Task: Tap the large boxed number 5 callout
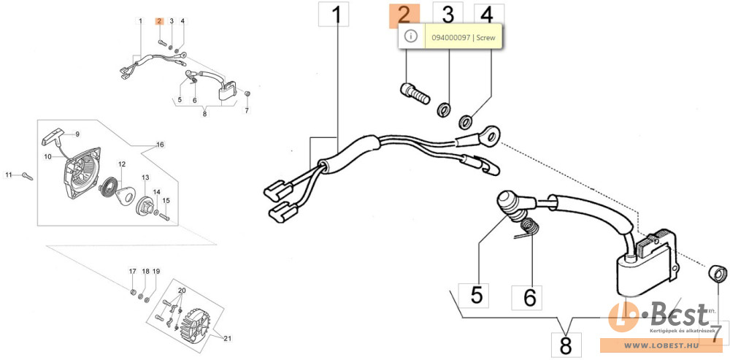[475, 295]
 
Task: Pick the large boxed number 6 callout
[530, 296]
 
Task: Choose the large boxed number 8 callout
[566, 343]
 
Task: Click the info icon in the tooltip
[410, 36]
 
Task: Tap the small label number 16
[160, 145]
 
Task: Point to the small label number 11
[9, 175]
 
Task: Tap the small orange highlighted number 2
[158, 21]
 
